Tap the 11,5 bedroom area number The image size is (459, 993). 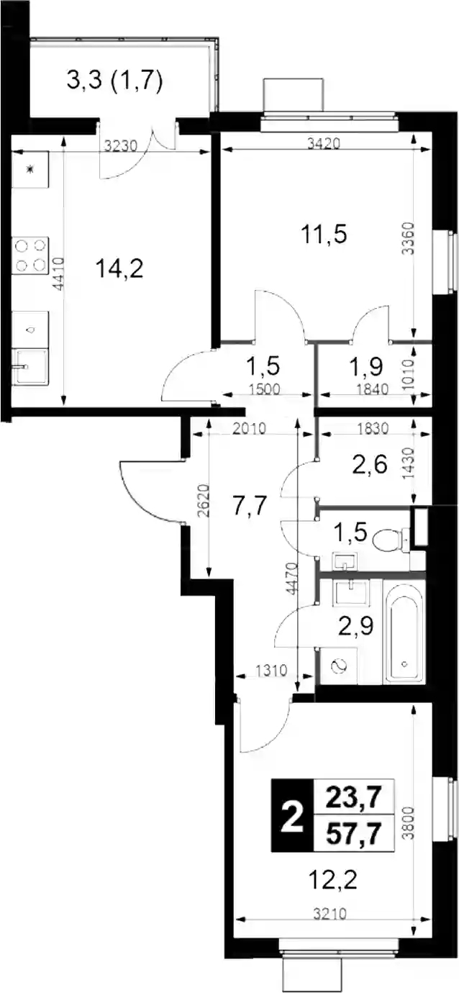(324, 235)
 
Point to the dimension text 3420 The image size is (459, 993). (325, 144)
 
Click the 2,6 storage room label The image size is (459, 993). (371, 465)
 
